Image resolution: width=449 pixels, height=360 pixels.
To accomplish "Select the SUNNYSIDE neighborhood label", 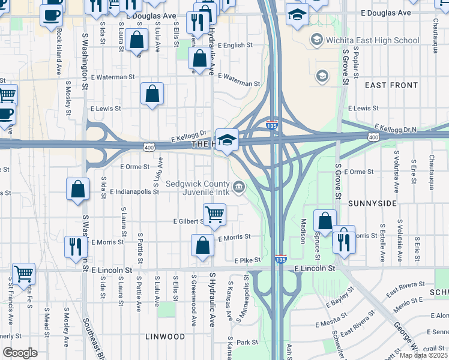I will point(372,203).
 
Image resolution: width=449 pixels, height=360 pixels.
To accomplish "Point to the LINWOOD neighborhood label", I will point(165,337).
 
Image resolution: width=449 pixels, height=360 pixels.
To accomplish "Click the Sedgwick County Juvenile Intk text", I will point(197,188).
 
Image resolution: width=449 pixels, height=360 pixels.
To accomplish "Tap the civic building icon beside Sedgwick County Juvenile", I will point(239,188).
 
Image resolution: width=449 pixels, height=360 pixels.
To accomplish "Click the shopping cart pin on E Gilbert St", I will point(214,214).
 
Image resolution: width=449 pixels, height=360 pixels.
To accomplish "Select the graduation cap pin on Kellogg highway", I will point(227,140).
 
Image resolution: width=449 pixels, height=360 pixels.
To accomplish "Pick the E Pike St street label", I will point(247,260).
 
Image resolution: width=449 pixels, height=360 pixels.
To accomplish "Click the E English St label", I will point(231,45).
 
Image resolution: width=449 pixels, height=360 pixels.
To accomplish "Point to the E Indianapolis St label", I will point(134,192).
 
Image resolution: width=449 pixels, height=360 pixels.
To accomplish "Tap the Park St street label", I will point(247,343).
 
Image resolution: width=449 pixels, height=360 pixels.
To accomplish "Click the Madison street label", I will point(303,230).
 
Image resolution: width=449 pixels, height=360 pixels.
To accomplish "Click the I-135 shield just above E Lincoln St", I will point(280,259).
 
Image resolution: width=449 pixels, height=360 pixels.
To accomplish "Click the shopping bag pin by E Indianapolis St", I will point(78,190).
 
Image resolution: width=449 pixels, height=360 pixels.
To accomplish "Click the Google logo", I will point(20,353).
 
